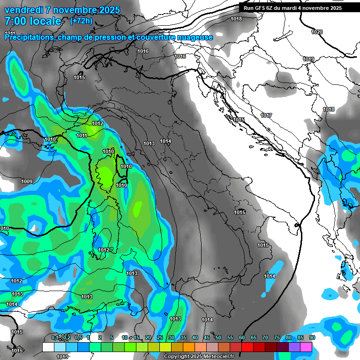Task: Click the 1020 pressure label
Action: coord(317,32)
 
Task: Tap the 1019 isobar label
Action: coord(308,59)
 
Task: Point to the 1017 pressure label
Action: coord(267,115)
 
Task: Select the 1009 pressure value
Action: coord(27,182)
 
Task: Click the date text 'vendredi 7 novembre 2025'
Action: coord(62,10)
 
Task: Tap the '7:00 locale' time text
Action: coord(33,21)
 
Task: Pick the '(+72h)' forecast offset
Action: coord(82,21)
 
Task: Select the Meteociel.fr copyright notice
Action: coord(202,357)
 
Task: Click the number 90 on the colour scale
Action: coord(312,338)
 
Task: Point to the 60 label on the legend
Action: coord(242,338)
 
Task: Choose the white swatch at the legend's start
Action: coord(48,347)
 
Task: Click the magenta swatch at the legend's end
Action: coord(306,347)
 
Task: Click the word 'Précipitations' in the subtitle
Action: coord(29,37)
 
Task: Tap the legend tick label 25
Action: coord(160,338)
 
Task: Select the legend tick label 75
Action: coord(277,338)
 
